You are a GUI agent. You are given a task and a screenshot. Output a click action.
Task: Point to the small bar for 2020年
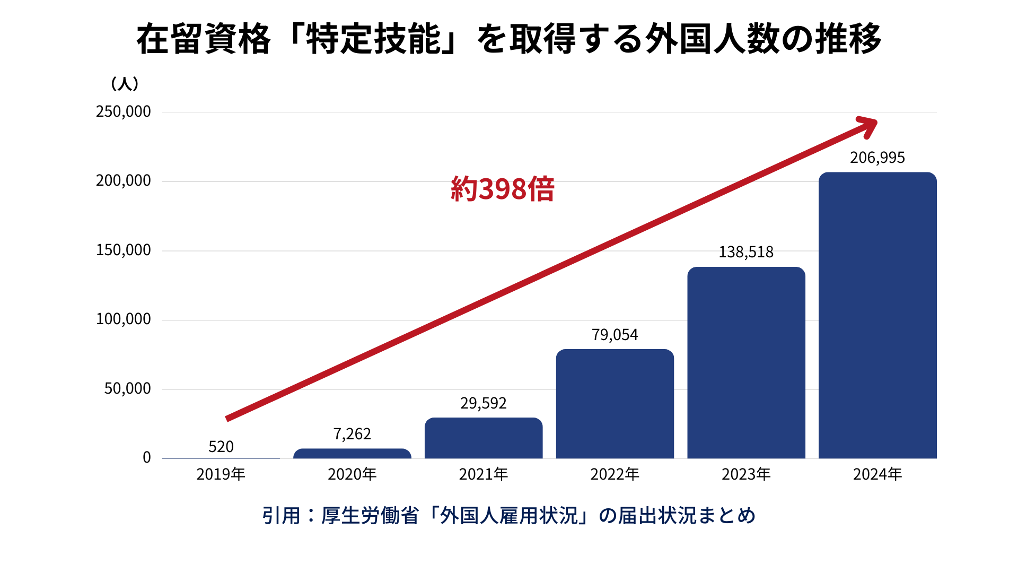(x=352, y=454)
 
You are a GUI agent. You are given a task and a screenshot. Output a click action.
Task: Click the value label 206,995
(x=877, y=158)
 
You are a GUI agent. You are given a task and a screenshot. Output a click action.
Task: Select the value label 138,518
(x=746, y=252)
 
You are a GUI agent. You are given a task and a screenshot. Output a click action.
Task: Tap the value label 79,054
(x=615, y=335)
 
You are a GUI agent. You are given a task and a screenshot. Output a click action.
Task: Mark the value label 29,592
(x=484, y=403)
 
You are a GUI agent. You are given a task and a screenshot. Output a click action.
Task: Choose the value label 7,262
(x=352, y=434)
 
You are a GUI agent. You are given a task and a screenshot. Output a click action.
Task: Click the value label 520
(x=221, y=447)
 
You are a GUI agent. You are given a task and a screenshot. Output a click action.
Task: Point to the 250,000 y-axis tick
(x=124, y=111)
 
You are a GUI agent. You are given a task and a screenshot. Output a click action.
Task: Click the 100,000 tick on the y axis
(x=124, y=319)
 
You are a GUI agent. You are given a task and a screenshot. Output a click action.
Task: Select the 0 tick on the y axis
(x=147, y=457)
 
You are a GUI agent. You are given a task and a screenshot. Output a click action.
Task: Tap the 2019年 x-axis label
(x=221, y=474)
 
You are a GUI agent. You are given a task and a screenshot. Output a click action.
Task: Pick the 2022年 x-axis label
(x=615, y=474)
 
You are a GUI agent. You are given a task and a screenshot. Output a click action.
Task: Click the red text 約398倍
(x=502, y=189)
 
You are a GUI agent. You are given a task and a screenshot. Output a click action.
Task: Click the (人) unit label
(x=125, y=84)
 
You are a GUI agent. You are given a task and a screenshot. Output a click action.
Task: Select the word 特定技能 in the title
(x=374, y=39)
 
